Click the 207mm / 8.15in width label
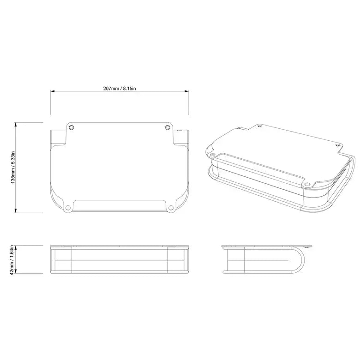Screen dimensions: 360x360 pyautogui.click(x=120, y=88)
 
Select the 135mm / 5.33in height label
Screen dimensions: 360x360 pyautogui.click(x=14, y=168)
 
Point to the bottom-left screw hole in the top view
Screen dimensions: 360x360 pyautogui.click(x=68, y=207)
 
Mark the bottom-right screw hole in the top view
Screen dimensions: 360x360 pyautogui.click(x=171, y=207)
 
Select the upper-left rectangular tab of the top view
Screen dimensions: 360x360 pyautogui.click(x=58, y=137)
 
